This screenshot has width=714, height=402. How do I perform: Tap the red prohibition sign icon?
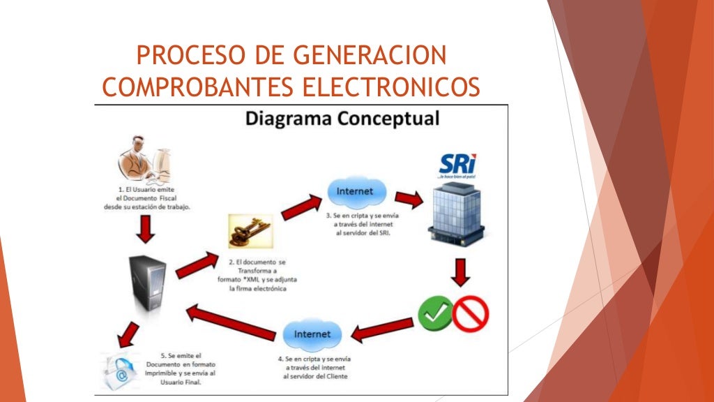click(471, 313)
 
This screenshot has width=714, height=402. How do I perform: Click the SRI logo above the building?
click(457, 165)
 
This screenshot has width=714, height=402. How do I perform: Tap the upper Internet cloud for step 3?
click(354, 192)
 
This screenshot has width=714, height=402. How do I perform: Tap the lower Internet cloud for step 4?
click(312, 334)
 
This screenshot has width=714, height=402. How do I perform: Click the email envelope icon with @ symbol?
click(119, 369)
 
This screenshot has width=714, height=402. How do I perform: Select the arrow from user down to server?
click(146, 229)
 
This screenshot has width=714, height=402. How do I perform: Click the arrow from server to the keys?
click(197, 265)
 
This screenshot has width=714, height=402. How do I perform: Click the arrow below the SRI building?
click(459, 272)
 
